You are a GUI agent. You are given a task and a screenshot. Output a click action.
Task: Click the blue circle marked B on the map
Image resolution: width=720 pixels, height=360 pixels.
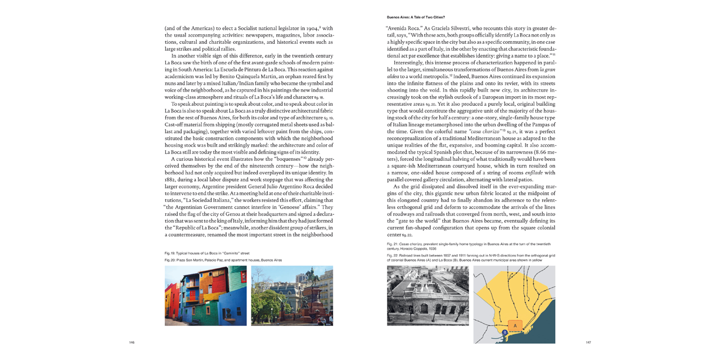click(x=505, y=332)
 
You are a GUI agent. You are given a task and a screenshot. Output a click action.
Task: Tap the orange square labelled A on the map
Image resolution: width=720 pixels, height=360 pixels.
click(x=515, y=326)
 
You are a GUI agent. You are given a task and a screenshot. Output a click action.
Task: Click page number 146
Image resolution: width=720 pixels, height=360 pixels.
click(x=132, y=342)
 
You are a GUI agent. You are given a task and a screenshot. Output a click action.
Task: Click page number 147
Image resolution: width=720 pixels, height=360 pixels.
click(x=588, y=342)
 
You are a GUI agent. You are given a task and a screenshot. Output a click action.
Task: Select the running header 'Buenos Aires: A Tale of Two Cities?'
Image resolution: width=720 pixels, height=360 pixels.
click(x=416, y=17)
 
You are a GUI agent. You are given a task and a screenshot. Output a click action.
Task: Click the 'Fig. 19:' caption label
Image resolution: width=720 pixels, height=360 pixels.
click(x=170, y=253)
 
